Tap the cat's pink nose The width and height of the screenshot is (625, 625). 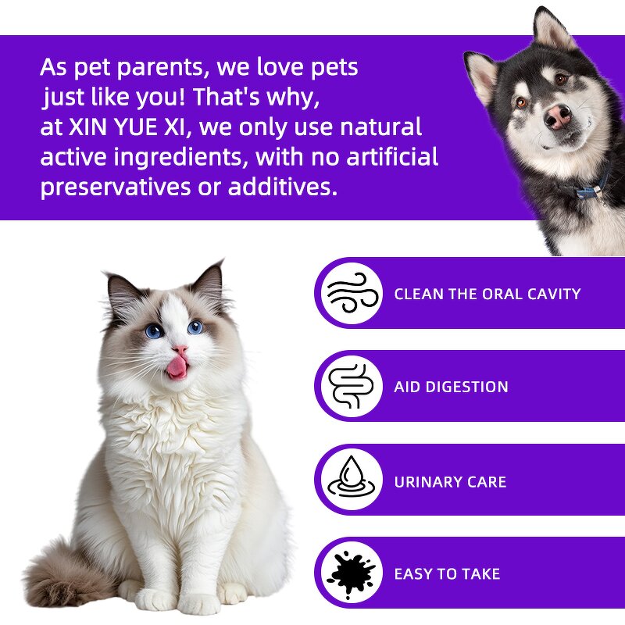click(x=180, y=349)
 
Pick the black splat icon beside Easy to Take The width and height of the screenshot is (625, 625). click(x=350, y=573)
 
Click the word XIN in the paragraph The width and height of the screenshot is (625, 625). click(x=89, y=127)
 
